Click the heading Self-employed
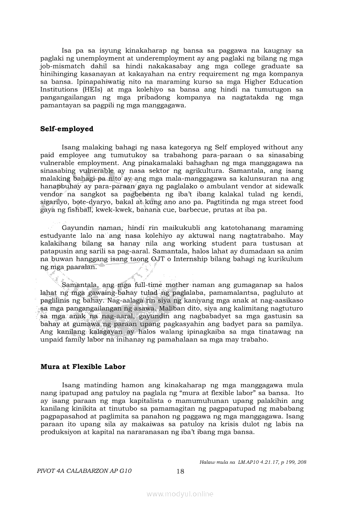coord(67,129)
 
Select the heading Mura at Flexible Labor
coord(83,367)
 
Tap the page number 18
coord(181,471)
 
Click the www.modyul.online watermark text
coord(180,494)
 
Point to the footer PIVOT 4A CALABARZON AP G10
coord(86,471)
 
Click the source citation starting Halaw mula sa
coord(253,462)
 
